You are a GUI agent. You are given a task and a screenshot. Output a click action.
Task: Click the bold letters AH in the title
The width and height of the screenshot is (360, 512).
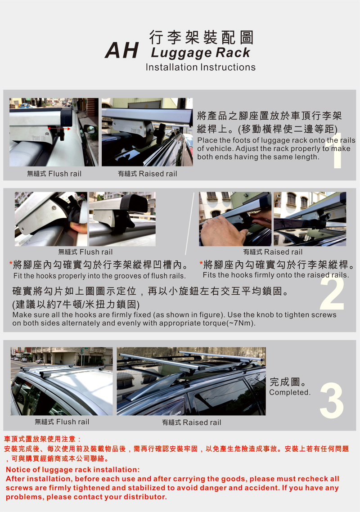coord(121,50)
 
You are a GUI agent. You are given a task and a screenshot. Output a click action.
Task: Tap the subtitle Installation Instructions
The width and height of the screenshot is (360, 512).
coord(201,67)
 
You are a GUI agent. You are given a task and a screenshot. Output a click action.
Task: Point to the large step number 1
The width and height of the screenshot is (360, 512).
coord(337,151)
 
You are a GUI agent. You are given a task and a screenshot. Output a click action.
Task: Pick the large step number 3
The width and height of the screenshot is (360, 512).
coord(332,400)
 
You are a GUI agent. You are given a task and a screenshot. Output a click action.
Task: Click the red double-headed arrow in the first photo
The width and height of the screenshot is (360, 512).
coord(59,129)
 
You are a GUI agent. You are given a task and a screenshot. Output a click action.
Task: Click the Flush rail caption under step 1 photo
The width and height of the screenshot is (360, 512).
coord(54,174)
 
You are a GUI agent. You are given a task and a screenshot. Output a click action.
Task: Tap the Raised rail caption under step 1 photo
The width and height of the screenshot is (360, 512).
coord(147,174)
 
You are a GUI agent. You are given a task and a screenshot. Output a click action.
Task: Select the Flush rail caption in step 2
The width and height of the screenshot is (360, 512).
coord(85,252)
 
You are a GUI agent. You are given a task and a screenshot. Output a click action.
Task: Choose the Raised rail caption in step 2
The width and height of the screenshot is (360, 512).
coord(273,252)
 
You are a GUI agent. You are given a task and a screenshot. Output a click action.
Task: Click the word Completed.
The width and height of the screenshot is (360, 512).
coord(290,392)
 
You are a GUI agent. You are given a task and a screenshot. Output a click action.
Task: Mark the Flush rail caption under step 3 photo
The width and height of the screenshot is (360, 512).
coord(62,422)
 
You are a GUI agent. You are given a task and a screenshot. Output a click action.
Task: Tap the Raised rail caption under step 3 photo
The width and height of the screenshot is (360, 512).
coord(191,422)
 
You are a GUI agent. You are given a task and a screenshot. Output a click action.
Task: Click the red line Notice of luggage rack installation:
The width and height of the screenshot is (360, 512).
coord(72,470)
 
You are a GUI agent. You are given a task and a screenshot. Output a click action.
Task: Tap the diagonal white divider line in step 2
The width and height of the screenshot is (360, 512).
coord(190,223)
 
